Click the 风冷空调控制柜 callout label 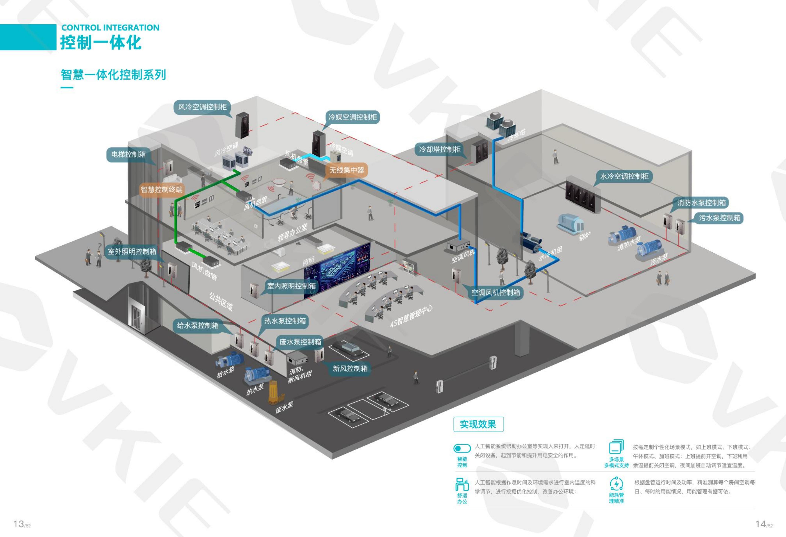(202, 107)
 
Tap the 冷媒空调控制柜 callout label (352, 117)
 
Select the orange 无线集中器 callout (347, 170)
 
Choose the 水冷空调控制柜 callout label (624, 176)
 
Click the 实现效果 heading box (478, 424)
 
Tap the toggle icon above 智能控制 (462, 448)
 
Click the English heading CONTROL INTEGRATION (110, 28)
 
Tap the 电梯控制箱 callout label (129, 154)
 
